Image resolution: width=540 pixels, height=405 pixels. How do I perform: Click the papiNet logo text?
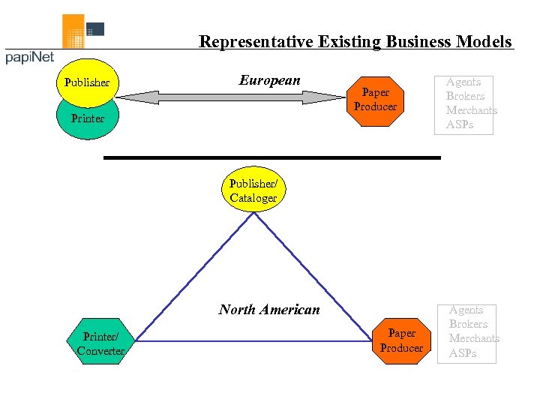[30, 58]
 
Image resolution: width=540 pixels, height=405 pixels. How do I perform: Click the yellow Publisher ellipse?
[87, 81]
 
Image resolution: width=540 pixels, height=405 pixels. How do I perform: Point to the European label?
[270, 80]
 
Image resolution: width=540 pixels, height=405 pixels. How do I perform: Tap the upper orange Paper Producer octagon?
[375, 100]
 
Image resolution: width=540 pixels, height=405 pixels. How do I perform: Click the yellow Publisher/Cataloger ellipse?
[253, 191]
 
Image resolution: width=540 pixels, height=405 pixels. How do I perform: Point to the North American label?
[269, 309]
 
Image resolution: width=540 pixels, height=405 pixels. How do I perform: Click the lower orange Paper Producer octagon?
[401, 341]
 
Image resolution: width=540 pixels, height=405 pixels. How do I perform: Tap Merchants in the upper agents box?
[471, 110]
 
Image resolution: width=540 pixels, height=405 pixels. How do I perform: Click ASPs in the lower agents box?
[462, 352]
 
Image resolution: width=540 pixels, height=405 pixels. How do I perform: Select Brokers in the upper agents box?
[465, 96]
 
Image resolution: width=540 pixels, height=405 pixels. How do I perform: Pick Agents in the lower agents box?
[466, 310]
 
